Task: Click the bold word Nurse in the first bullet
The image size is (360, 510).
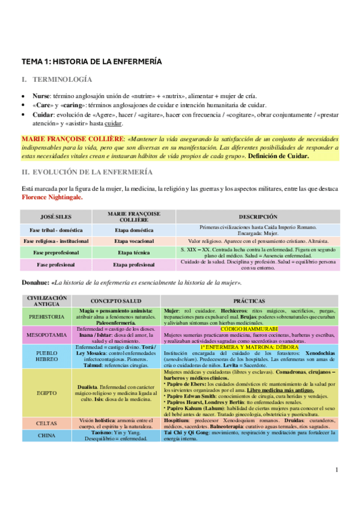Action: point(41,96)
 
